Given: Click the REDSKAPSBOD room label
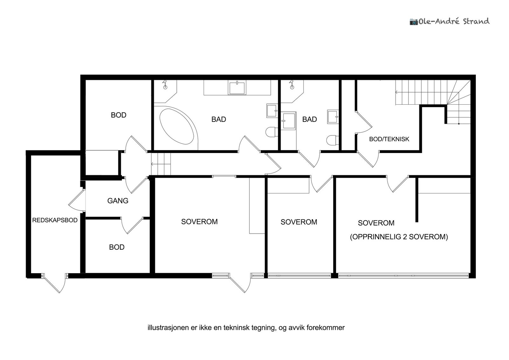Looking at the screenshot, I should coord(55,220).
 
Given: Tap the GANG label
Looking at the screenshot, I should coord(118,201).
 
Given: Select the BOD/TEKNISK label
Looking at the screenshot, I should coord(389,139).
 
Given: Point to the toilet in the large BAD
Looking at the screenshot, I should coord(271,132).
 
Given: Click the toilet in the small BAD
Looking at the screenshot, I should coord(332,140).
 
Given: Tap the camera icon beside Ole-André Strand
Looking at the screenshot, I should coord(413,22).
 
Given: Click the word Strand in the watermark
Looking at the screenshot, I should coord(476,21).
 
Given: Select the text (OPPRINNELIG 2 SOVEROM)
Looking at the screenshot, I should coord(399,237).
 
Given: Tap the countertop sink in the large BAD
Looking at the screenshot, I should coord(237,88).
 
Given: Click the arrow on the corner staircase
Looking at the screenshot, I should coord(397,92).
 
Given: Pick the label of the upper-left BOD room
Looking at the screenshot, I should coord(118,115).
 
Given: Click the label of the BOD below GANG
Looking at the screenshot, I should coord(116,247).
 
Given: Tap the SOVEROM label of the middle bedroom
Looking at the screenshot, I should coord(298,222).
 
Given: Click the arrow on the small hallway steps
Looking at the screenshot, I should coord(153,164).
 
